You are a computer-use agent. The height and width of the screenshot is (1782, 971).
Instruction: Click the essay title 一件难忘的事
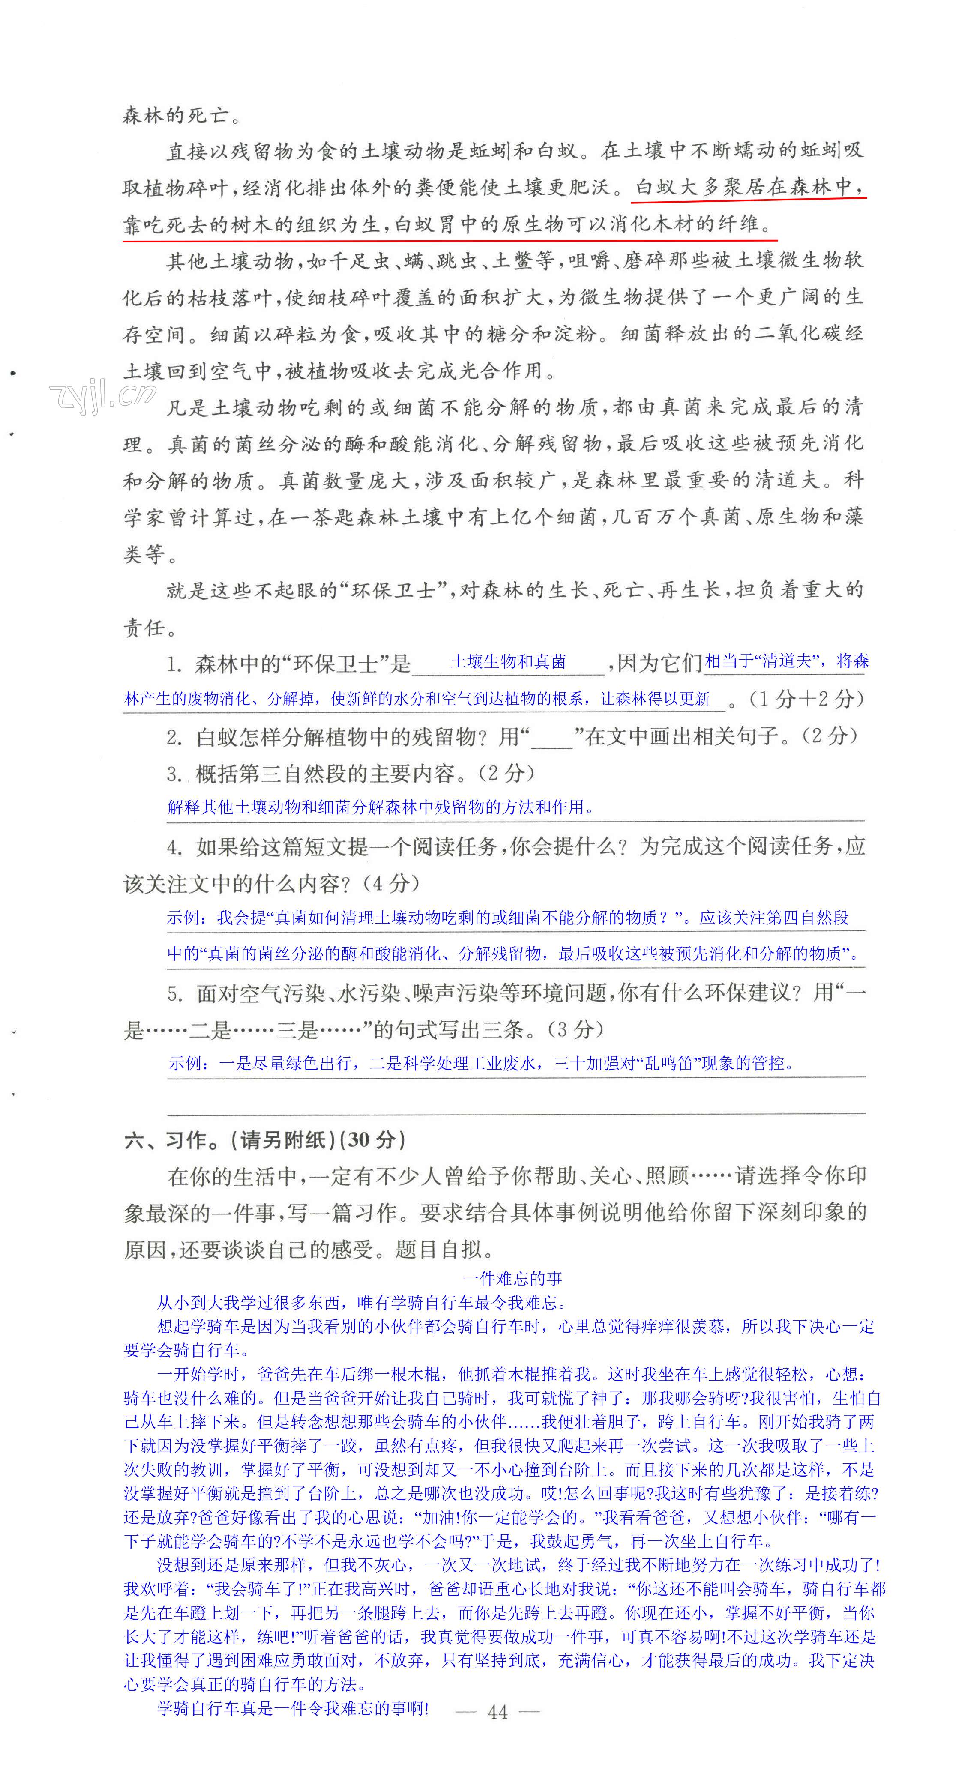512,1278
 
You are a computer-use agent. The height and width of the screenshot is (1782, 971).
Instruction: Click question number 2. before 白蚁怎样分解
174,737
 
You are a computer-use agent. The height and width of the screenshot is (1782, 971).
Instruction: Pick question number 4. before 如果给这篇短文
174,847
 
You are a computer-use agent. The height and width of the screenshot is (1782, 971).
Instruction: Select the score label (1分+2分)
806,699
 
